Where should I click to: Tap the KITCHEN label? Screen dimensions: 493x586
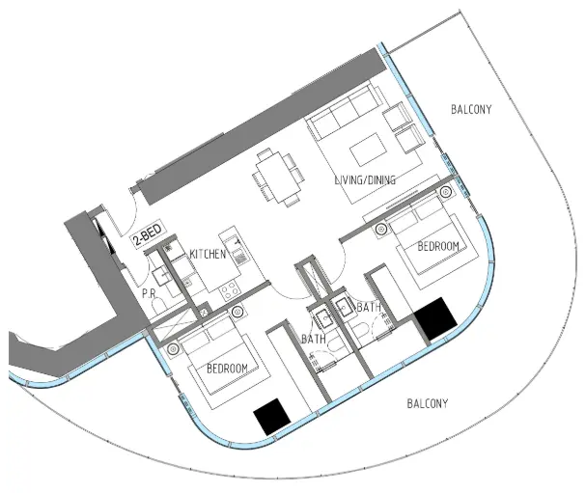click(x=208, y=254)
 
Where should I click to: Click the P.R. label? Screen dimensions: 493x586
click(x=150, y=292)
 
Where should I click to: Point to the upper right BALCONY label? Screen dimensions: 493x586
click(x=470, y=110)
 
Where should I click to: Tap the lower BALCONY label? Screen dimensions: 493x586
click(x=427, y=403)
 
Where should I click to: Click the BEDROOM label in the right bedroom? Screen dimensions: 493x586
click(x=437, y=247)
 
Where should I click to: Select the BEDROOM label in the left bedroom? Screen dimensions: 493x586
click(x=227, y=368)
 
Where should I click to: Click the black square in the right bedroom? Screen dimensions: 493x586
click(x=433, y=317)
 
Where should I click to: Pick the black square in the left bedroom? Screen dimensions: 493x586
click(x=271, y=415)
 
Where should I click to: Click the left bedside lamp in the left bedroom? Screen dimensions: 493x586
click(x=174, y=348)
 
